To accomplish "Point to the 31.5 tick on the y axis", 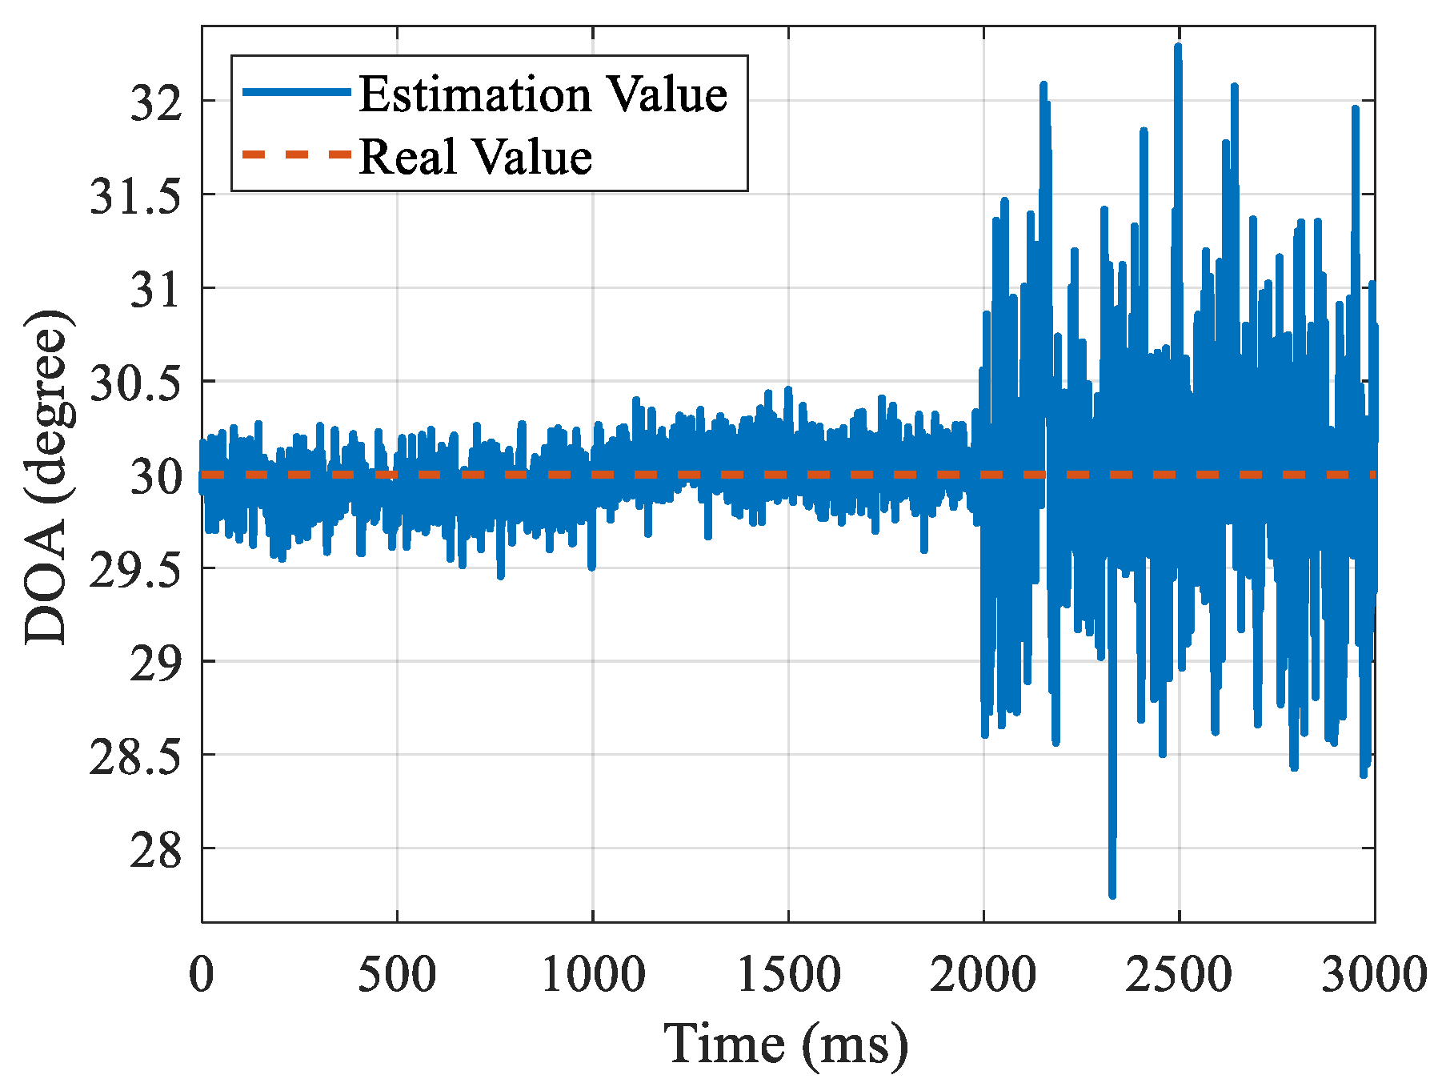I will [136, 197].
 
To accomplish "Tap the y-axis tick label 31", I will [157, 291].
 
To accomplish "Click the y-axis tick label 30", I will [157, 478].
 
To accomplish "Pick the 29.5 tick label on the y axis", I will [136, 572].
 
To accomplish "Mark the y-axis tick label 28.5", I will [136, 758].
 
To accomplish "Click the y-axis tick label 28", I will [157, 852].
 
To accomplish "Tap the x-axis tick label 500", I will [397, 975].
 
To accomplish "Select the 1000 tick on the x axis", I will [593, 975].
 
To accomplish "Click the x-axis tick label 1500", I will [788, 975].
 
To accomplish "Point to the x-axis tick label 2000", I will [983, 975].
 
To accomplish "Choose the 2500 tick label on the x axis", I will [1179, 975].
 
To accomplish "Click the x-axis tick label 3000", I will [1373, 975].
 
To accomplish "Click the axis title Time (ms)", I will [786, 1043].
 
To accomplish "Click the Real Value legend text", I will [476, 156].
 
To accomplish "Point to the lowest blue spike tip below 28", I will [1112, 895].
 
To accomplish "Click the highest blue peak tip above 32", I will [1178, 46].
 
